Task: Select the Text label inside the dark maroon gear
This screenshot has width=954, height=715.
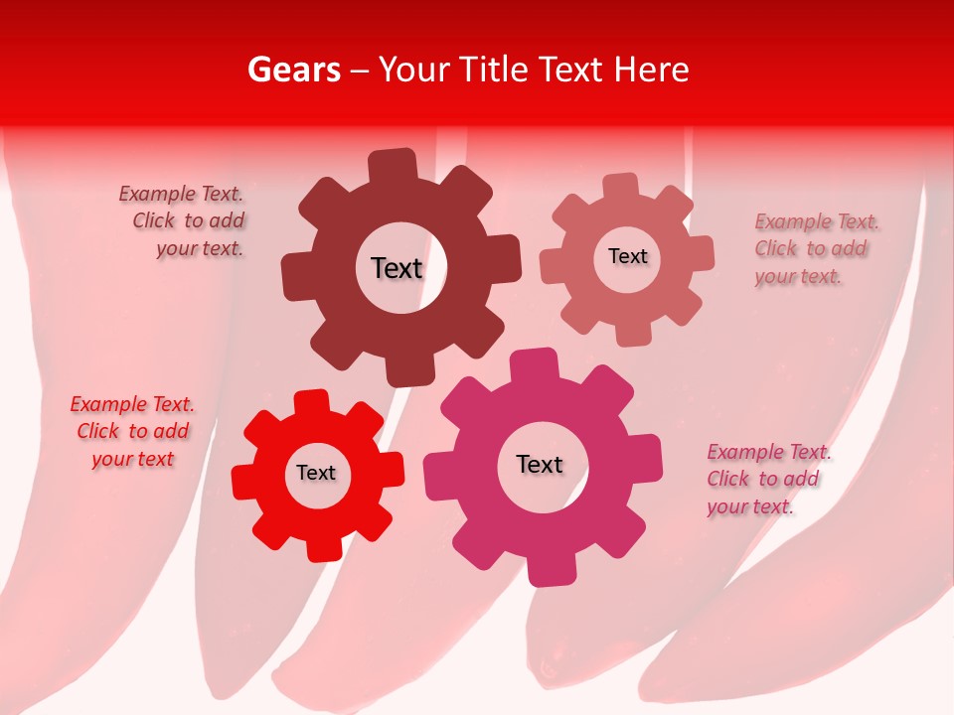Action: (397, 268)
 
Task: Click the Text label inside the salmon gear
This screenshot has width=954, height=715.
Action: (627, 256)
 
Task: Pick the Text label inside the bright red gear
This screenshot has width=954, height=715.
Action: (316, 473)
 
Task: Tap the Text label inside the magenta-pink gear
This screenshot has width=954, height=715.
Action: (540, 464)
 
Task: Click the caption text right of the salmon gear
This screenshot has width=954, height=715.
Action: (814, 248)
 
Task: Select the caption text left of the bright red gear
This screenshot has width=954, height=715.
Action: (132, 431)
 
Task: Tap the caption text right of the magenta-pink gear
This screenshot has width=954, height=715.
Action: (766, 479)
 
